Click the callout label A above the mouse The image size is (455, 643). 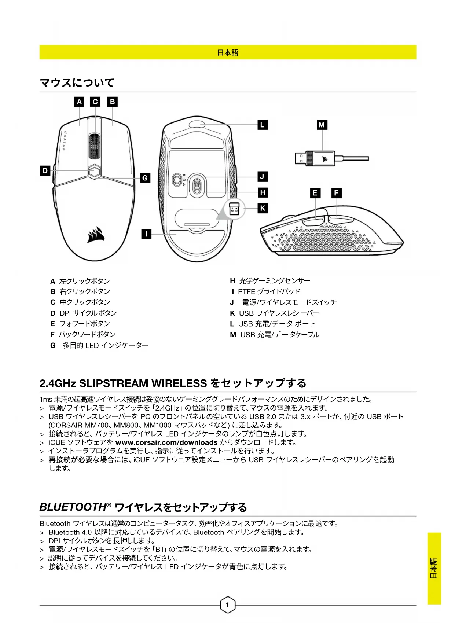79,102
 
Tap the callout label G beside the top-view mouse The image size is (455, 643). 145,178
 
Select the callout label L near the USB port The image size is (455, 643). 263,125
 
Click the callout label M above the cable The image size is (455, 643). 322,125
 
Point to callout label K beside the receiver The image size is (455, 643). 263,209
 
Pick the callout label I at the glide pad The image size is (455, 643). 146,234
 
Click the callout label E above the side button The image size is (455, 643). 315,193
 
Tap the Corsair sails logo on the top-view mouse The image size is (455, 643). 96,235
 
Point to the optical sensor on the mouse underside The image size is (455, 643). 197,185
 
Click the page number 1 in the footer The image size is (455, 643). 227,605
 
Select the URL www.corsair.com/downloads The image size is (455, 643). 166,442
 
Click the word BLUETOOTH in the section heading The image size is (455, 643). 73,507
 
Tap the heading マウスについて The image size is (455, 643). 77,83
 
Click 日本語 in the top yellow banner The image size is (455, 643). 228,53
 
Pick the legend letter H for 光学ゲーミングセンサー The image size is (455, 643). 232,281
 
